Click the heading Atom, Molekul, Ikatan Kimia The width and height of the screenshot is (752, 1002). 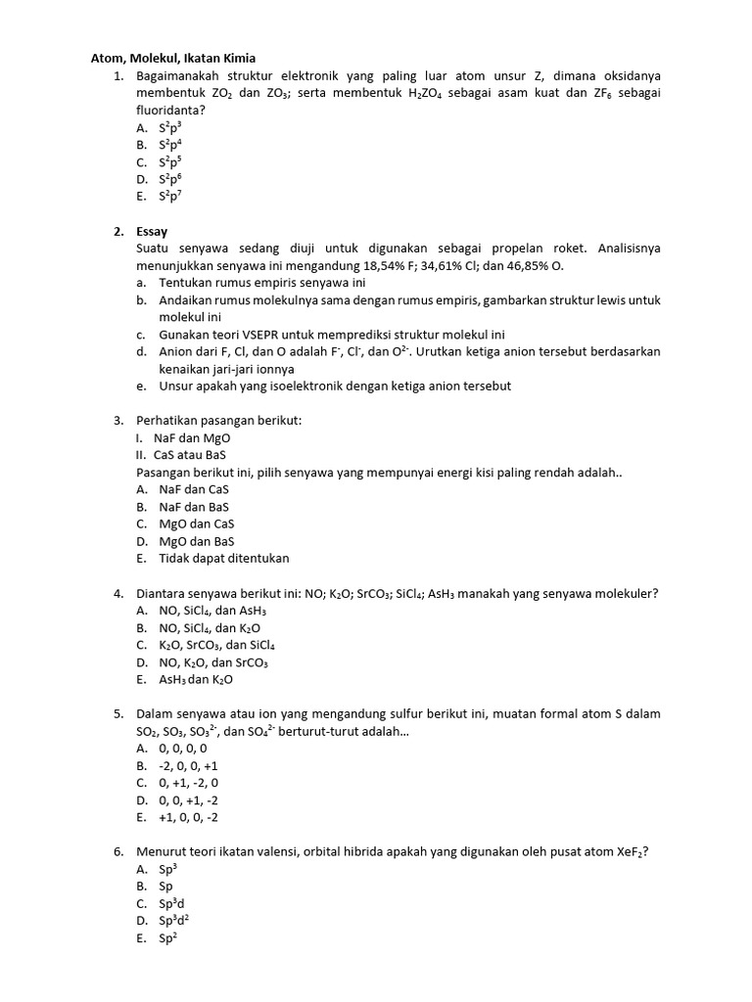point(173,59)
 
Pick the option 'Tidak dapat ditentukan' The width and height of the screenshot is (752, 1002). point(224,558)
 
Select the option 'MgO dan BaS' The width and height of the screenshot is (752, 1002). point(196,541)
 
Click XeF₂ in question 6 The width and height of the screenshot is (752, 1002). point(632,851)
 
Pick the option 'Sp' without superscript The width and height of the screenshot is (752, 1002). point(165,887)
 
